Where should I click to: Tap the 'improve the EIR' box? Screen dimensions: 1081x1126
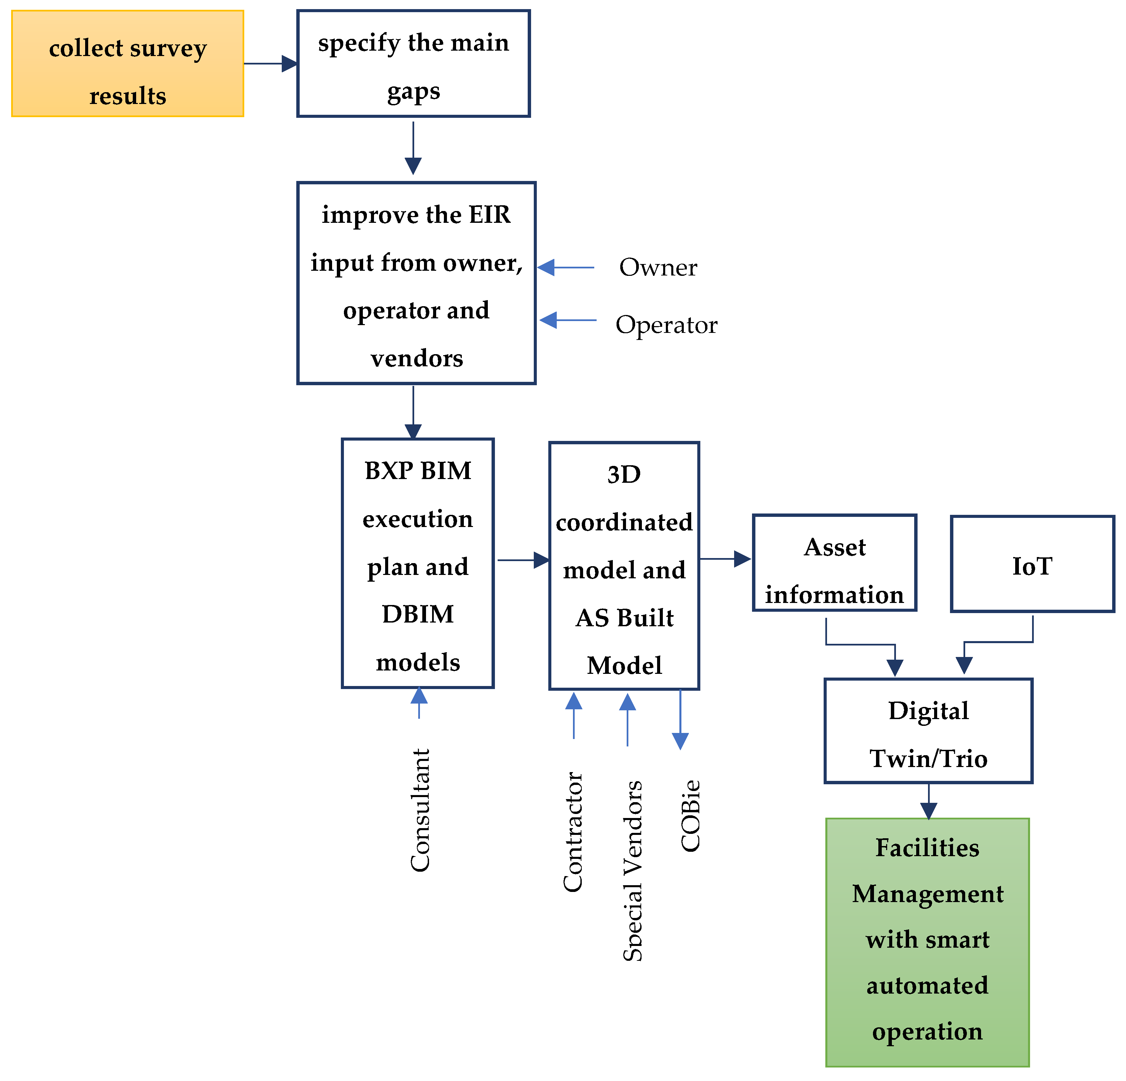[416, 283]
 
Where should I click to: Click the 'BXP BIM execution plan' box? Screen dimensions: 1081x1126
[418, 563]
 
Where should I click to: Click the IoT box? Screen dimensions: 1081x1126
[1032, 564]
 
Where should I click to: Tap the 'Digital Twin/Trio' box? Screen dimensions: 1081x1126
[928, 731]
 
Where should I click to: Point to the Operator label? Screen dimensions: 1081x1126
[667, 325]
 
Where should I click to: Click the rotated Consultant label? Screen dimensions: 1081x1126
[420, 811]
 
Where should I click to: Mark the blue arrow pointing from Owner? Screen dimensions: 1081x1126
[566, 267]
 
